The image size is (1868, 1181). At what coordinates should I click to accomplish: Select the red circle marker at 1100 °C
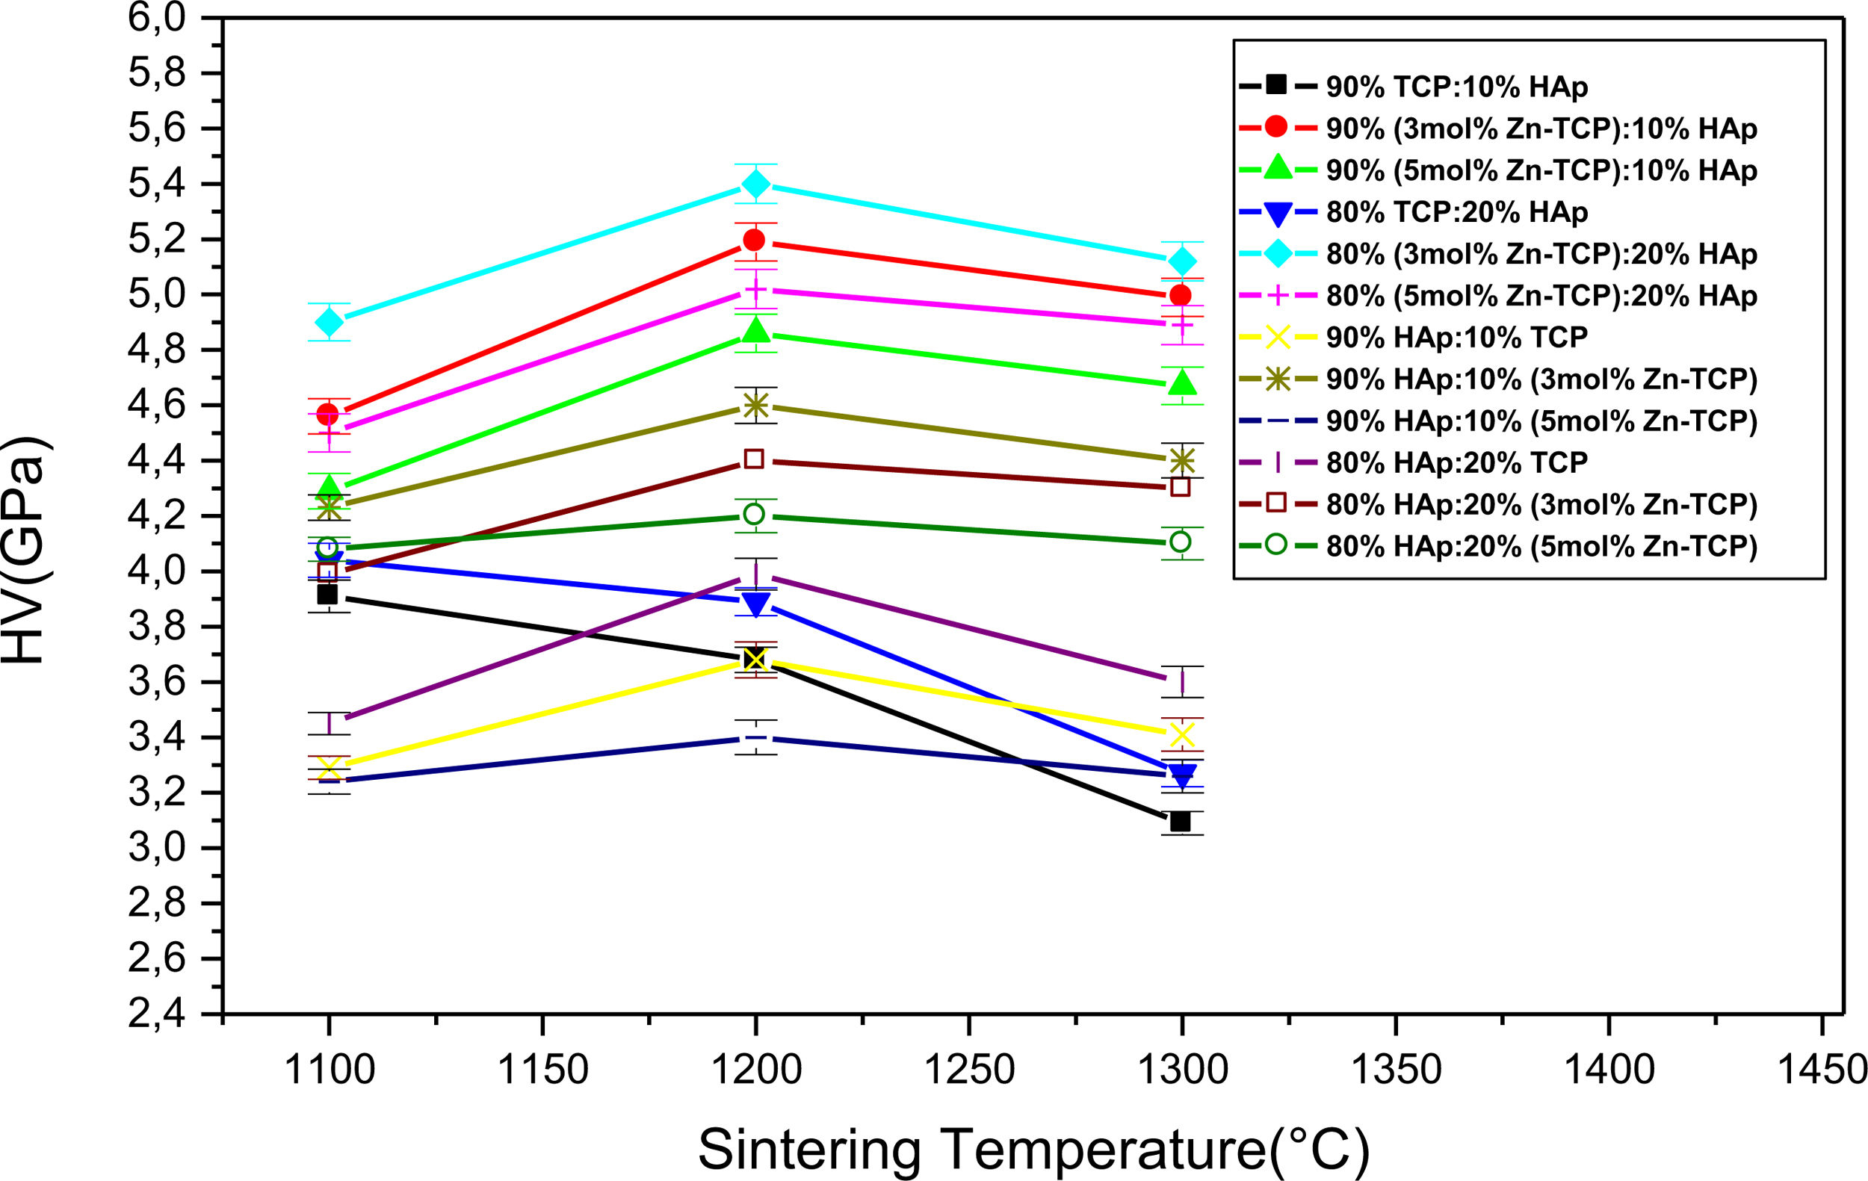point(327,414)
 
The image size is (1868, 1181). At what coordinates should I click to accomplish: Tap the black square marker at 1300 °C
point(1181,821)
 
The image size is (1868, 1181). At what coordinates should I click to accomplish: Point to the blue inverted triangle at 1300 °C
point(1181,775)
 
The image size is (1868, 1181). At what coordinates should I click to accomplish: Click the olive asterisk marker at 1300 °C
point(1181,461)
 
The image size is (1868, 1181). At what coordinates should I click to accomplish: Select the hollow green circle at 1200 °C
point(754,514)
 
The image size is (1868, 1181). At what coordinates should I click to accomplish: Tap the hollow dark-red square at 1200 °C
point(754,459)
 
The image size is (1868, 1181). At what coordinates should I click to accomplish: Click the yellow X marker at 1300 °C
point(1181,734)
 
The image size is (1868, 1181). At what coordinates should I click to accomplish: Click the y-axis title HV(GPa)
point(26,550)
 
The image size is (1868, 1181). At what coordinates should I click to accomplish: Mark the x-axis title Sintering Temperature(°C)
point(1034,1150)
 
